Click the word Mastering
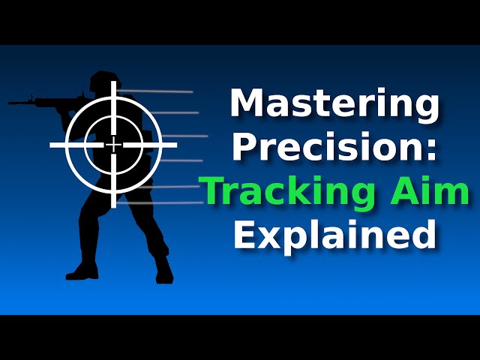pyautogui.click(x=334, y=104)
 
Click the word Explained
pyautogui.click(x=334, y=234)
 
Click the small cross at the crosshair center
pyautogui.click(x=113, y=144)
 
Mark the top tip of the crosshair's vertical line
pyautogui.click(x=113, y=82)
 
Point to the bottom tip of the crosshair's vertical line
pyautogui.click(x=113, y=206)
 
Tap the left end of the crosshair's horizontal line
pyautogui.click(x=52, y=144)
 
